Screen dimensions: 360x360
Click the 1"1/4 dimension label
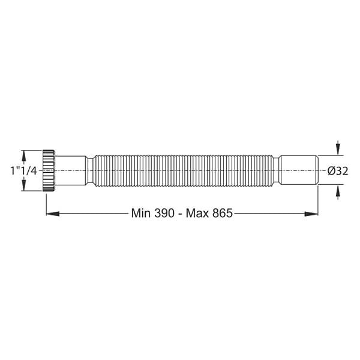click(23, 171)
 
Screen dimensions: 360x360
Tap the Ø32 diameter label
click(337, 171)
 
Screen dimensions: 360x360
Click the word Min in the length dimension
click(141, 213)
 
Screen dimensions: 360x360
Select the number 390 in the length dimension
click(164, 213)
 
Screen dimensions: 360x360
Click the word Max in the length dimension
click(197, 213)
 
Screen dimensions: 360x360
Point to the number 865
click(223, 213)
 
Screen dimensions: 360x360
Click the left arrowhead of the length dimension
click(53, 214)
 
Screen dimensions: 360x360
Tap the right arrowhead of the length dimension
click(311, 214)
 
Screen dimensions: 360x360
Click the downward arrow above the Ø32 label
click(338, 148)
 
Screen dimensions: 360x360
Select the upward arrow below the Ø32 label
click(338, 192)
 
